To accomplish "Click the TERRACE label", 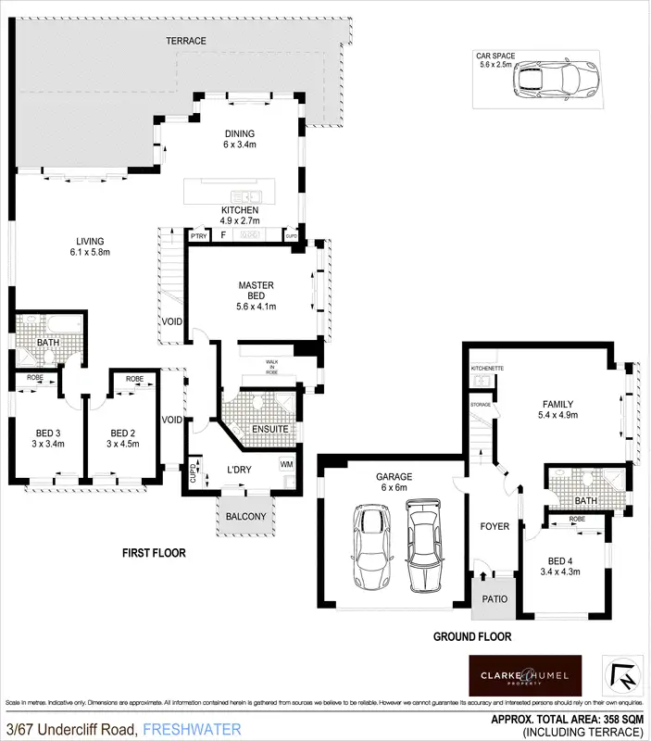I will point(185,41).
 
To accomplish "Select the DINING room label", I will point(239,138).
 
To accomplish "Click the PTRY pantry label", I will point(198,236).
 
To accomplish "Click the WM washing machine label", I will point(286,463).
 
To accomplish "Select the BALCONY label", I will point(245,517).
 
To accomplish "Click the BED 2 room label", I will point(123,438).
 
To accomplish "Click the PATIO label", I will point(494,598).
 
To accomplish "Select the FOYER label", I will point(495,526).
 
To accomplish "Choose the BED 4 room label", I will point(559,565).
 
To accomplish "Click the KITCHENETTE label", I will point(487,369).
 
